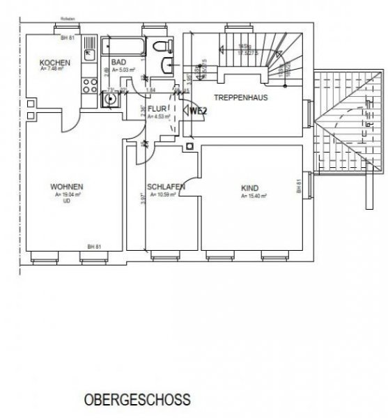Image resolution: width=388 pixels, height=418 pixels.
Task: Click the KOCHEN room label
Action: pyautogui.click(x=54, y=63)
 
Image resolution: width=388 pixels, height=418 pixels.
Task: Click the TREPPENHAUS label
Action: pyautogui.click(x=240, y=98)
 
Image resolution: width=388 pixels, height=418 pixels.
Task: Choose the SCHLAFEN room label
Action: pyautogui.click(x=165, y=187)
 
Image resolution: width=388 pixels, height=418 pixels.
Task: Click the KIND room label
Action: pyautogui.click(x=249, y=187)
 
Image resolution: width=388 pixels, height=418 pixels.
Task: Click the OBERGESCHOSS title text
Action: pyautogui.click(x=137, y=402)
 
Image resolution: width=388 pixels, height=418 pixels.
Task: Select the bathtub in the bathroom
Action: pyautogui.click(x=123, y=47)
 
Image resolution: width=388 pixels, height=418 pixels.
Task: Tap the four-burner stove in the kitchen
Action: pyautogui.click(x=90, y=87)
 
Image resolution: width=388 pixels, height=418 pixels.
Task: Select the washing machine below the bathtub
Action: pyautogui.click(x=109, y=99)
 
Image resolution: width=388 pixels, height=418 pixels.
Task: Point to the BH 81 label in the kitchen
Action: pyautogui.click(x=68, y=38)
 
